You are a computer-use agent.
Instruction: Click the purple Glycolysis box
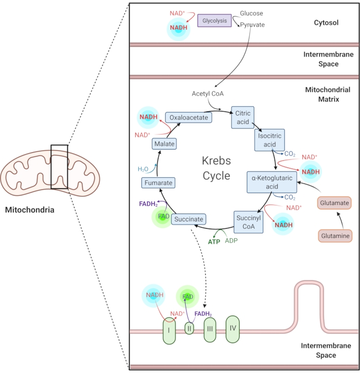(x=214, y=21)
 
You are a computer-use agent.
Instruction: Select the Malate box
(x=164, y=144)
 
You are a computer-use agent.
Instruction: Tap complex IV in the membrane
(x=232, y=327)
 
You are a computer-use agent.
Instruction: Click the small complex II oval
(x=189, y=328)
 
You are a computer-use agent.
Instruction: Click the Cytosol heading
(x=326, y=23)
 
